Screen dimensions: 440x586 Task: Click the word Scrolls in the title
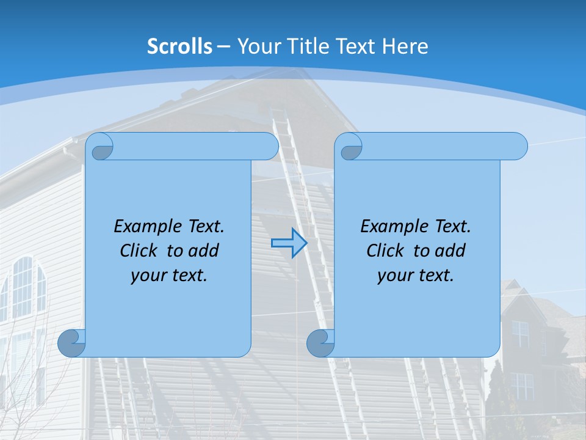pyautogui.click(x=180, y=46)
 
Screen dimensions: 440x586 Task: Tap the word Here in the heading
pyautogui.click(x=405, y=46)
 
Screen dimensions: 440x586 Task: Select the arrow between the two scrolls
pyautogui.click(x=289, y=243)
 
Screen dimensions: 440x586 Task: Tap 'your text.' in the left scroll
pyautogui.click(x=168, y=276)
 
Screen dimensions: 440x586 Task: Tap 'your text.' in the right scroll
pyautogui.click(x=415, y=276)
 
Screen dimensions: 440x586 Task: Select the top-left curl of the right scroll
pyautogui.click(x=350, y=147)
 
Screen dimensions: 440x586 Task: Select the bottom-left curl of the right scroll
pyautogui.click(x=320, y=343)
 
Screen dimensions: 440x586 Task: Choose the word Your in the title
pyautogui.click(x=256, y=46)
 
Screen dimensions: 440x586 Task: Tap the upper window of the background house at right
pyautogui.click(x=520, y=334)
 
